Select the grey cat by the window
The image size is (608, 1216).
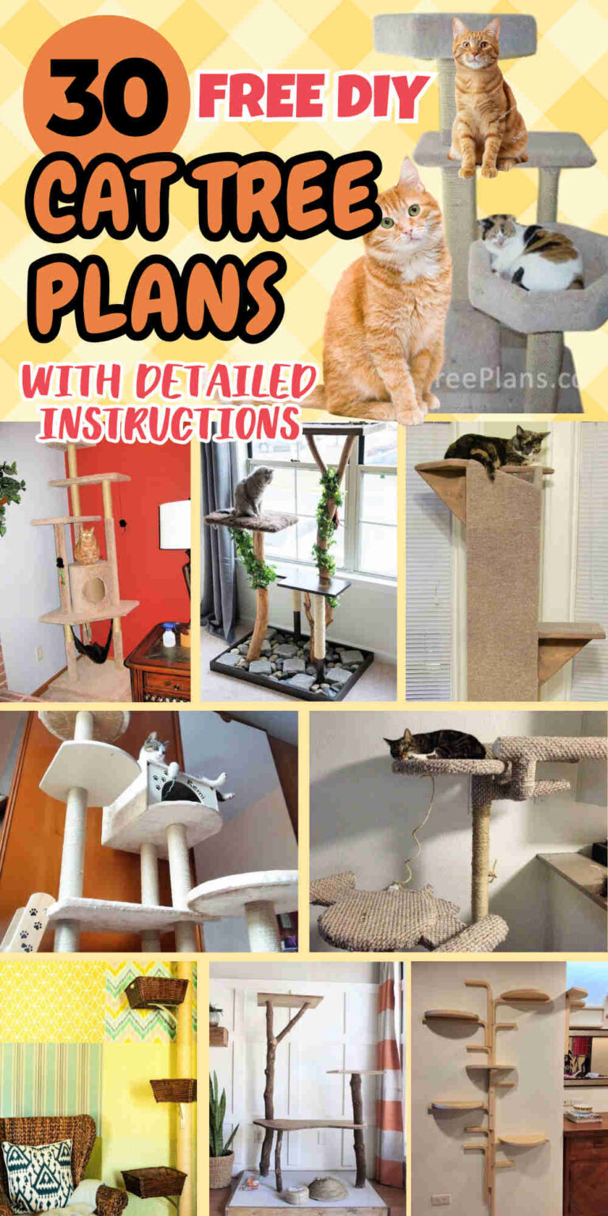[x=253, y=492]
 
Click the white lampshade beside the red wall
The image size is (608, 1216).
[x=174, y=525]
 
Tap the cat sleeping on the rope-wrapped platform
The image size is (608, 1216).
[x=435, y=745]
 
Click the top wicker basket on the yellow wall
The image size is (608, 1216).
[x=156, y=991]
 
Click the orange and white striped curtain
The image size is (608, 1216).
[x=389, y=1077]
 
